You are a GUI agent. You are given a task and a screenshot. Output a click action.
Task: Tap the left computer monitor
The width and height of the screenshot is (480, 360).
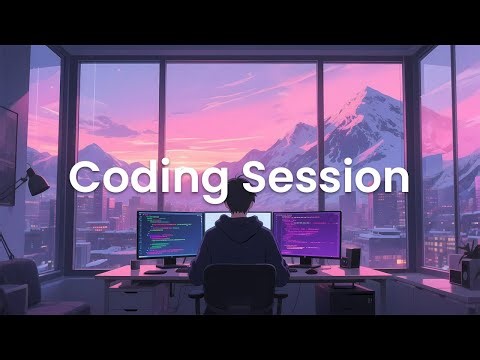169,234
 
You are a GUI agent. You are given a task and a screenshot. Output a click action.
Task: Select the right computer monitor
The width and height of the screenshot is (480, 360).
307,235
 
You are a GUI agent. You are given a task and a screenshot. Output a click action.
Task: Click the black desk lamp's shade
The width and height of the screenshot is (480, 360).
36,181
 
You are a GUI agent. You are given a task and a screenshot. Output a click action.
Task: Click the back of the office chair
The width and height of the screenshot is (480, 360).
239,286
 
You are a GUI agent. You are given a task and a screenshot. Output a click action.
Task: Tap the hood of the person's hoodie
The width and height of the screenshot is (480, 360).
240,225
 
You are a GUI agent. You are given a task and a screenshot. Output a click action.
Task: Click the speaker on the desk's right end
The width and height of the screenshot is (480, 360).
352,258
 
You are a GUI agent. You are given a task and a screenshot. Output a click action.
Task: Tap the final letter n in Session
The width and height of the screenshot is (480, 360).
397,179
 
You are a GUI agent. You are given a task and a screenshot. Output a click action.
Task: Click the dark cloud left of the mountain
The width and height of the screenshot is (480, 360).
109,127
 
